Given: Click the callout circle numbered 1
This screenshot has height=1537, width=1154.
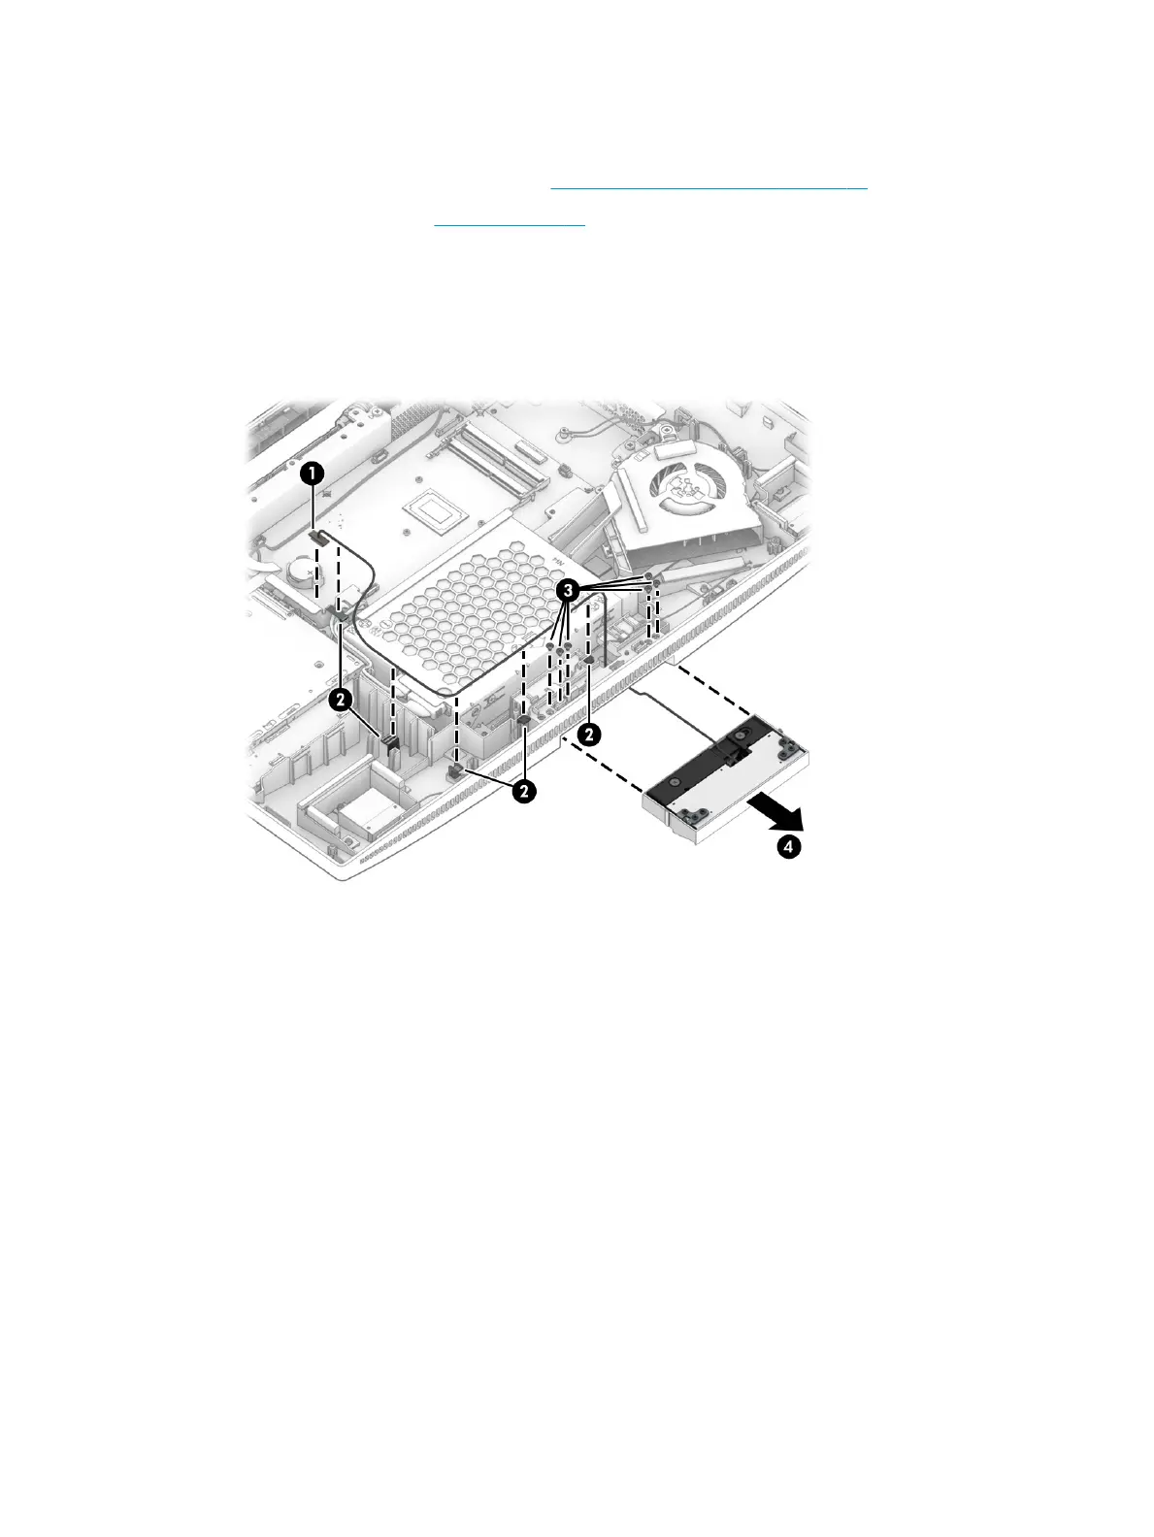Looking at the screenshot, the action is (312, 474).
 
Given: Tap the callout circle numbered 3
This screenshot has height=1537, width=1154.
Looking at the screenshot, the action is (568, 589).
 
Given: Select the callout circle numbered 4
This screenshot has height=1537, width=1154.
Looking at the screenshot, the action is (790, 847).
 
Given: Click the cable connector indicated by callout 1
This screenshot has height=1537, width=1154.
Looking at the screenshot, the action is (318, 536).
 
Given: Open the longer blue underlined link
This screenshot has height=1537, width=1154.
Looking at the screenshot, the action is (709, 186).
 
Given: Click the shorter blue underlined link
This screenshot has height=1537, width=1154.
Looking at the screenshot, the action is (510, 223).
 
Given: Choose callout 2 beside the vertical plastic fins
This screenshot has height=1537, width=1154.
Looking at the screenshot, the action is (340, 699).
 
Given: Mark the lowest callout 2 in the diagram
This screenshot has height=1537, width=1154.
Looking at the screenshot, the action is (523, 791).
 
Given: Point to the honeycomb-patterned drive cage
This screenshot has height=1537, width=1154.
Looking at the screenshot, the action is (456, 621).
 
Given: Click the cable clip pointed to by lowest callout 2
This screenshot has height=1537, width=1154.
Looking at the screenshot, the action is (455, 770).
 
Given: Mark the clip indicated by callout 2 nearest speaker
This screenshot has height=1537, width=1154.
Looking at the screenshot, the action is (589, 661).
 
